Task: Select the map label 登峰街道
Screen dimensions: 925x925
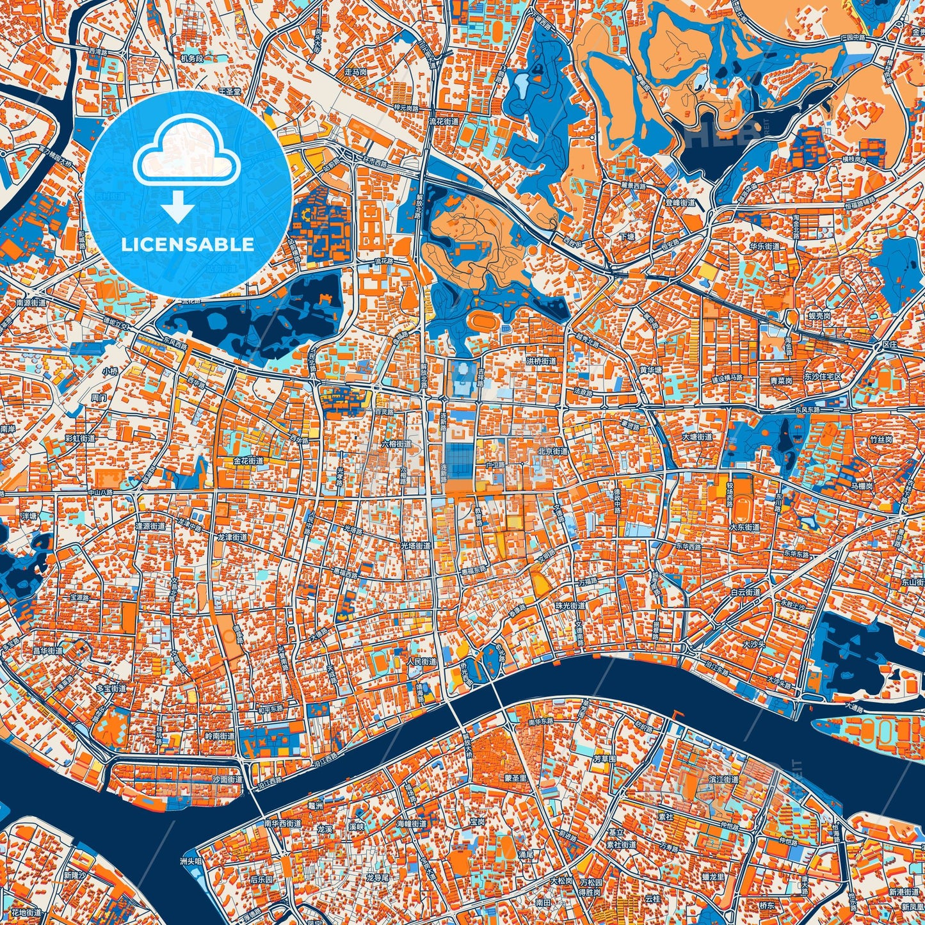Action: tap(680, 203)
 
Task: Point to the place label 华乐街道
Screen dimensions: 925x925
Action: tap(765, 246)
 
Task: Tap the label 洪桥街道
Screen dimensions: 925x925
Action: tap(542, 361)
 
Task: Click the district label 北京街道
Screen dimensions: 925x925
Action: tap(552, 451)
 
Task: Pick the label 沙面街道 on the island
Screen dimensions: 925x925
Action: tap(227, 780)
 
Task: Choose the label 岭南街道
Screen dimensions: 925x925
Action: tap(219, 736)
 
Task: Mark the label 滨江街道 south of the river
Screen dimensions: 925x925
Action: tap(724, 780)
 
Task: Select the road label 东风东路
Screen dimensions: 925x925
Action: tap(824, 408)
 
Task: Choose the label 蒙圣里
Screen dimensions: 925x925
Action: tap(516, 778)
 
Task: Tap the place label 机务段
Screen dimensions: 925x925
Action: tap(191, 58)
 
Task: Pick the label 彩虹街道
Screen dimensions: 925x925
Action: tap(80, 438)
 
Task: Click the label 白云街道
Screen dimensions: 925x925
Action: tap(746, 592)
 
